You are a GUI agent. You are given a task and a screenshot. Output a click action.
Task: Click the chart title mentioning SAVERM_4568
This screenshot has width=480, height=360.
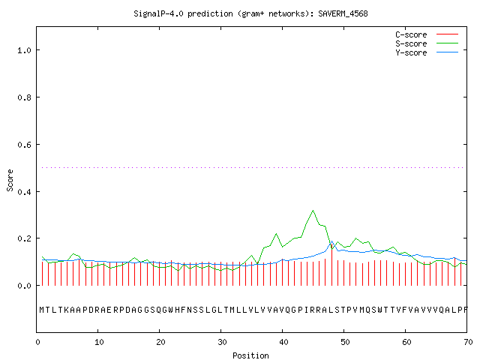click(250, 13)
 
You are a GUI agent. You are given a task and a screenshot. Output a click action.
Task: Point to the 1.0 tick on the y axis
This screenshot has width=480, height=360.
click(25, 50)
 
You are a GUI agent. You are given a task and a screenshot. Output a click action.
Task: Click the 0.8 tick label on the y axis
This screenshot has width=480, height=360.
click(25, 97)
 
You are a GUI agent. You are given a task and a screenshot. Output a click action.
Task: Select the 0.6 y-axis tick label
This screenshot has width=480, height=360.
click(25, 145)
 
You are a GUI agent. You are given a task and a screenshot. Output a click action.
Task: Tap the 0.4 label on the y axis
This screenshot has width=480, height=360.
click(25, 192)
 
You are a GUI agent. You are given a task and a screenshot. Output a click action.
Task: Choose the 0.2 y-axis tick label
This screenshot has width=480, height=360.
click(25, 238)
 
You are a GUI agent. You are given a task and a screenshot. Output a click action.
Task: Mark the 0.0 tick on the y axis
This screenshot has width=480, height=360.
click(25, 286)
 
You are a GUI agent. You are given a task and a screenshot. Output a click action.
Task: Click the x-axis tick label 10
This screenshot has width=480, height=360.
click(99, 342)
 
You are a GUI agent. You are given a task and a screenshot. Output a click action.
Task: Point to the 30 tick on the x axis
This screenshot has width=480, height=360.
click(222, 342)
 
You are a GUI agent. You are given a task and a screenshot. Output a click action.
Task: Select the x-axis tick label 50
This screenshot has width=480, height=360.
click(345, 342)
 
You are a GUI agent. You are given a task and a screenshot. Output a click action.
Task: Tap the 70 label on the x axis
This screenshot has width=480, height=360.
click(468, 342)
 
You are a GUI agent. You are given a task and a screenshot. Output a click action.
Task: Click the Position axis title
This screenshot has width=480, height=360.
click(250, 355)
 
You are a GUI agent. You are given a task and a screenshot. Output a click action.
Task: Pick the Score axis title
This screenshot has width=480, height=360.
click(10, 180)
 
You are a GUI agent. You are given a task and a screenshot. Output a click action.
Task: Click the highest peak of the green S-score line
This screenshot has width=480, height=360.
click(313, 210)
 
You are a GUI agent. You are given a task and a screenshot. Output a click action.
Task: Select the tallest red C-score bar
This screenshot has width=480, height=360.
click(331, 265)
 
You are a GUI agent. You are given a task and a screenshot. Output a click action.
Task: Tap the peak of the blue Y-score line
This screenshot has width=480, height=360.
click(331, 241)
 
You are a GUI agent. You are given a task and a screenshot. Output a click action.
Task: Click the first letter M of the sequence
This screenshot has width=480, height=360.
click(42, 310)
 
